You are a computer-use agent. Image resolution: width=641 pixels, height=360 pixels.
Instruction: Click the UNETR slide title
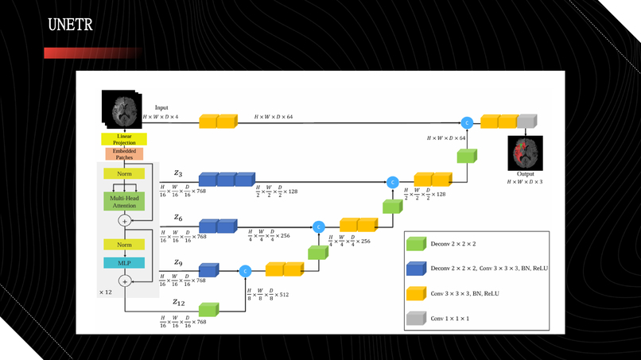point(70,25)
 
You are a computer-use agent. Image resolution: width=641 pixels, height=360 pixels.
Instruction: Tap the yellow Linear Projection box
point(123,139)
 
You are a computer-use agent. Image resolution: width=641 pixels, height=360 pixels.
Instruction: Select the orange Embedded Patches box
point(123,153)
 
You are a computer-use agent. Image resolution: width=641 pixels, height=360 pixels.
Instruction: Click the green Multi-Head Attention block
point(123,201)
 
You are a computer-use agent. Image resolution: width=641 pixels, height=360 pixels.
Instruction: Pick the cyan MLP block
point(123,262)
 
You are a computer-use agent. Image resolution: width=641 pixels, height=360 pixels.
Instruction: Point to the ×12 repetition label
point(106,292)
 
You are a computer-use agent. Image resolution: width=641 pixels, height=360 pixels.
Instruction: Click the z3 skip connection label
point(178,172)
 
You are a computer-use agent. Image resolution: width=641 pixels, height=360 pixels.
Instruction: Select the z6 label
point(179,217)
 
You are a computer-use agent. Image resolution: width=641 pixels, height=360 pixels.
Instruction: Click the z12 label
point(180,302)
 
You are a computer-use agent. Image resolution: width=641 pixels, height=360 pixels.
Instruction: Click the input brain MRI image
point(120,110)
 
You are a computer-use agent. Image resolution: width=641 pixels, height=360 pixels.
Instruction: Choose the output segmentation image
point(525,151)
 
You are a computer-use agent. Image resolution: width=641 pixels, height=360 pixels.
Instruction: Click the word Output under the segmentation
point(525,172)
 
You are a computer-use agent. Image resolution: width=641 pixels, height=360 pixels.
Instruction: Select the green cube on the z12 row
point(209,310)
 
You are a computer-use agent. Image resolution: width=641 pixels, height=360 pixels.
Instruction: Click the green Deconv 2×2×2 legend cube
point(417,244)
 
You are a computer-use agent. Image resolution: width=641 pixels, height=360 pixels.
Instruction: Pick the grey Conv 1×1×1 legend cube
point(417,318)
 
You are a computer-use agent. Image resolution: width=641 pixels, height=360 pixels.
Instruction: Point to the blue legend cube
point(417,269)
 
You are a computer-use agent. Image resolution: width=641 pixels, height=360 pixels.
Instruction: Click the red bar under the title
point(91,53)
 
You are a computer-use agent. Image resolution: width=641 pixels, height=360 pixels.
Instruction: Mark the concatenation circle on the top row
point(467,122)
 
